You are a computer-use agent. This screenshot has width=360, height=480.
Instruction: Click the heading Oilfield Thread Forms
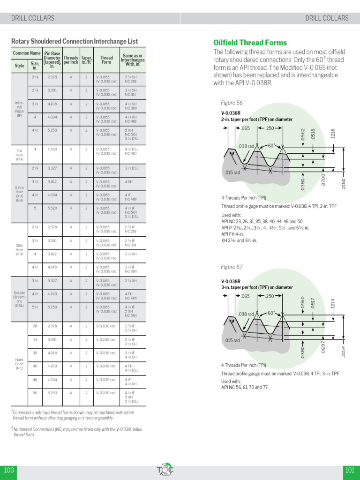[250, 42]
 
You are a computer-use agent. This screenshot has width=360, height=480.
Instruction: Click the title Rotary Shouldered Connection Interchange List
[75, 41]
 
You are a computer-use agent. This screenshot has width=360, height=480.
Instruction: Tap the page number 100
[9, 470]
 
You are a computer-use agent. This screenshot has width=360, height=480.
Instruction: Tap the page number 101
[350, 470]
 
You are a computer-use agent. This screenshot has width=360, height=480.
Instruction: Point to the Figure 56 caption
[232, 103]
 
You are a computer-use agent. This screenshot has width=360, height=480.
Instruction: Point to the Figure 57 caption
[232, 267]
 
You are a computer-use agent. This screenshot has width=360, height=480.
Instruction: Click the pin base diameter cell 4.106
[52, 104]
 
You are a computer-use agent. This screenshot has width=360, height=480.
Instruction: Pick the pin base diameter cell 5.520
[52, 208]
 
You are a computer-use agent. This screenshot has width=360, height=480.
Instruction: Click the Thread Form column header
[106, 60]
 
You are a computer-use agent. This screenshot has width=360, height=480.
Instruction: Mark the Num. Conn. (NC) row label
[19, 364]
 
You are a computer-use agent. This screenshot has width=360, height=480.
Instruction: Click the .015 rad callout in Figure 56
[232, 172]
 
